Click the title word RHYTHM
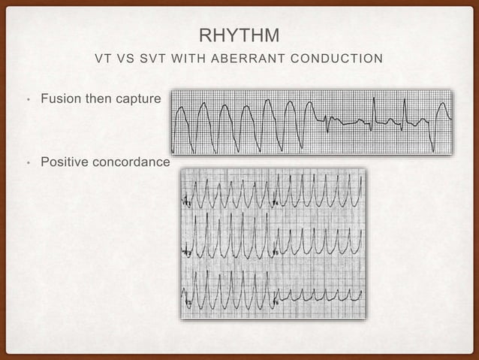[239, 35]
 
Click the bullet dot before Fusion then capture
[27, 99]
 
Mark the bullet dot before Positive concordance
[27, 163]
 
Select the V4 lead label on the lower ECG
[276, 203]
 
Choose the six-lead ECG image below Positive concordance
[273, 244]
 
